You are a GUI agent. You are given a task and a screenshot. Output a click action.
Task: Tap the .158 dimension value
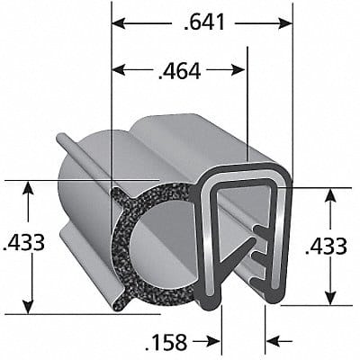point(167,341)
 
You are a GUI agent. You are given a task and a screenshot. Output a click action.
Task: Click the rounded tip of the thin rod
point(60,138)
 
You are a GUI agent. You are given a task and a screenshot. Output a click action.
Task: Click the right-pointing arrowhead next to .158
point(214,341)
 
